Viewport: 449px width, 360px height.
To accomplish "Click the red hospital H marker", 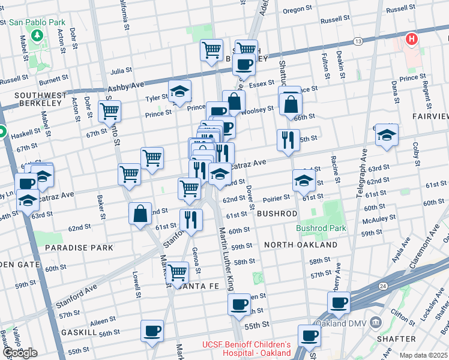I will pyautogui.click(x=411, y=39).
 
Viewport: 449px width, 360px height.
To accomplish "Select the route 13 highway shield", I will pyautogui.click(x=358, y=41).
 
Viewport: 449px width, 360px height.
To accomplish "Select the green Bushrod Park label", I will pyautogui.click(x=322, y=229).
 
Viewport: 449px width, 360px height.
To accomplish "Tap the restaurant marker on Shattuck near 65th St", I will pyautogui.click(x=288, y=140).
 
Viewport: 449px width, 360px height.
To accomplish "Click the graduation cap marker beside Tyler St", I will pyautogui.click(x=179, y=91).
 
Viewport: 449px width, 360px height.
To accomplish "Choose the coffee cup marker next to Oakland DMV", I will pyautogui.click(x=339, y=303).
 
